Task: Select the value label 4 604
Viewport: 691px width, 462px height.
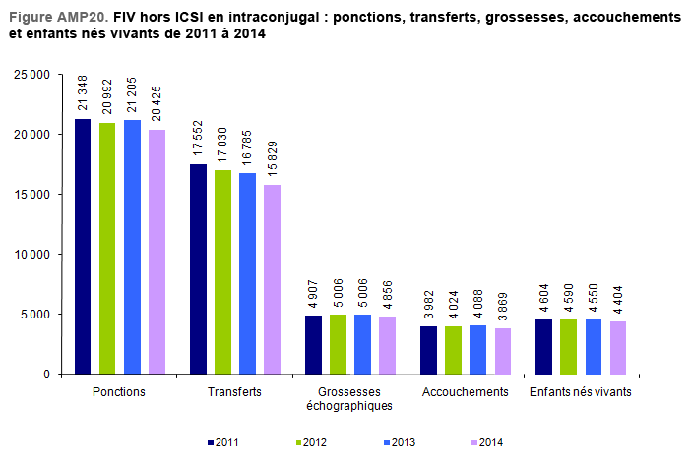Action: (x=543, y=294)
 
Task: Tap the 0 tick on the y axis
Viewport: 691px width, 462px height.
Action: (x=45, y=375)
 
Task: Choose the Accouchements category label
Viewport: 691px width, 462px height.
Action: (x=465, y=391)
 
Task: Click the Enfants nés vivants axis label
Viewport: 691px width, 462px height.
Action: (x=580, y=391)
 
